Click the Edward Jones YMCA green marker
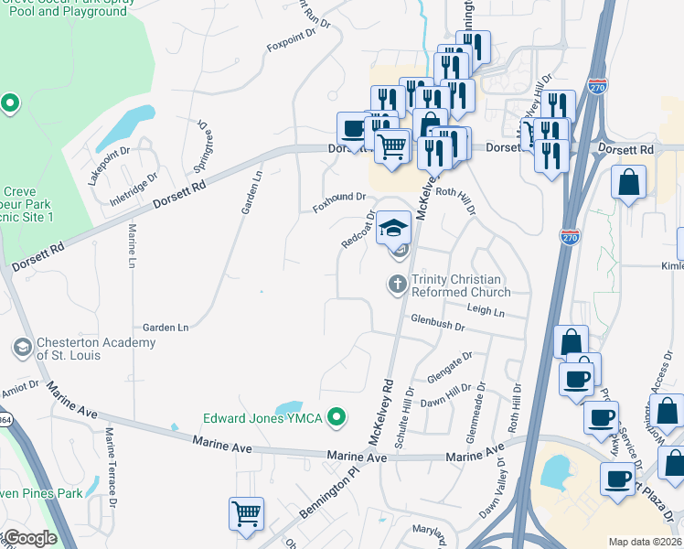point(337,418)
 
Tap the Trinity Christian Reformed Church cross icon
point(398,284)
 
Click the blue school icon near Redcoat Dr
point(393,227)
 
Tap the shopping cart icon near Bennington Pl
point(246,514)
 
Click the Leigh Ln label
point(486,312)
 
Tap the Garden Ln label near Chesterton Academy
point(165,327)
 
